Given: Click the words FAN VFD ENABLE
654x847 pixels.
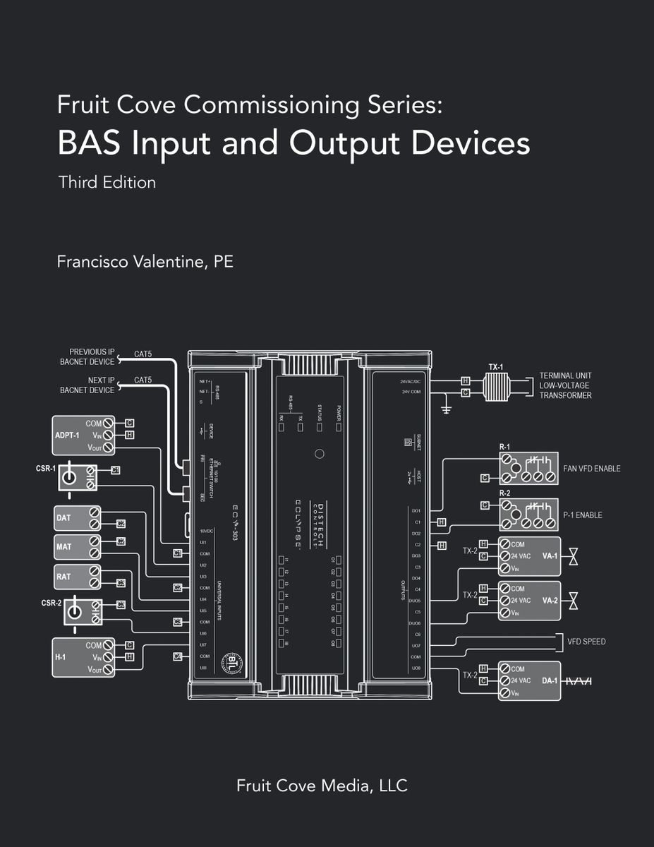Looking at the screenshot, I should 592,469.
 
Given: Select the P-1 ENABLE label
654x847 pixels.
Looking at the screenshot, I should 582,515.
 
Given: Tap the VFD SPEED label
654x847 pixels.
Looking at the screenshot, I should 586,642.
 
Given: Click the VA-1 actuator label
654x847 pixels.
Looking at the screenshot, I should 550,555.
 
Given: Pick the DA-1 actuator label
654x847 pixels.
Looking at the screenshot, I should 550,680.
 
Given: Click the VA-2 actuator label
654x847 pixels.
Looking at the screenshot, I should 550,600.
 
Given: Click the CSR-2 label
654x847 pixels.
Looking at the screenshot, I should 51,603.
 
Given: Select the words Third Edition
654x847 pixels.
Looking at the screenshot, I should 107,182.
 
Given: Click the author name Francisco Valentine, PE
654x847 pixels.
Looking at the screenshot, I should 145,262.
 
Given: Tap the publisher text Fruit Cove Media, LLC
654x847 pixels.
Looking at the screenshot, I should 322,785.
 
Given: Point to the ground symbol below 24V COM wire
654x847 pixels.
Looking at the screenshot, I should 446,409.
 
